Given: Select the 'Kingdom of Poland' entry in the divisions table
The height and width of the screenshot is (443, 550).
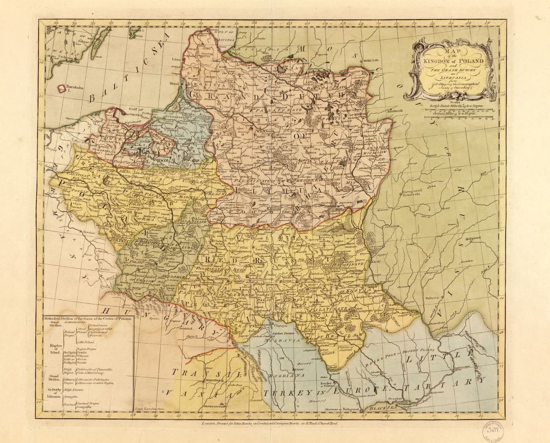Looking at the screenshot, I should (x=52, y=349).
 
